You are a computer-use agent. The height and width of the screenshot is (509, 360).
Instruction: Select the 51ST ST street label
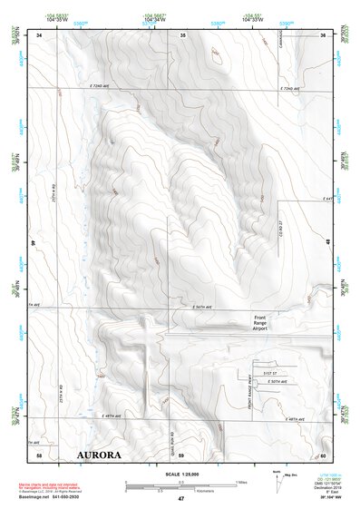pyautogui.click(x=269, y=373)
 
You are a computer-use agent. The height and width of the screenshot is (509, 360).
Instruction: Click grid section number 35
pyautogui.click(x=182, y=34)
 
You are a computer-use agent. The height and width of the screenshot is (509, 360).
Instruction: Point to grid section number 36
pyautogui.click(x=322, y=34)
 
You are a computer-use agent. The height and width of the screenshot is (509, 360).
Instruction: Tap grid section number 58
pyautogui.click(x=39, y=453)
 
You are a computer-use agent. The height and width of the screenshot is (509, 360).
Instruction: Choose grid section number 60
pyautogui.click(x=322, y=453)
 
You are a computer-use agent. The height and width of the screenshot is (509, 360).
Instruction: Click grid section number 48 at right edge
pyautogui.click(x=327, y=240)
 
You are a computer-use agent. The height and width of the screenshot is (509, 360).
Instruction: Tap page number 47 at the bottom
pyautogui.click(x=180, y=499)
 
